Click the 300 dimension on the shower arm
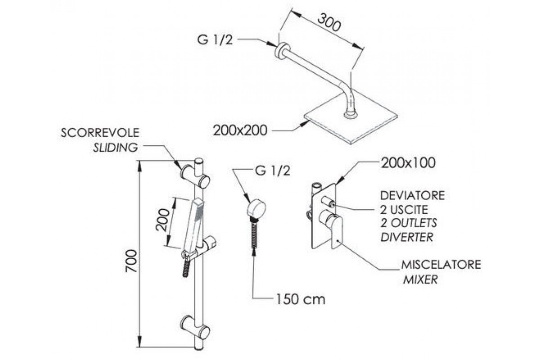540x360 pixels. pos(329,23)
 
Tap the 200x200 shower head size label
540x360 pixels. pos(240,130)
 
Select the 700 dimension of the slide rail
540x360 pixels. pos(131,261)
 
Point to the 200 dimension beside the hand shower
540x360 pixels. pos(162,220)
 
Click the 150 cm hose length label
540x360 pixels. pos(301,300)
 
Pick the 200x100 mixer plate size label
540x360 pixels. pos(408,163)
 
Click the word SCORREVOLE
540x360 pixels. pos(100,133)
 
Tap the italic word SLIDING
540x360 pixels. pos(116,147)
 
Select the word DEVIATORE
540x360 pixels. pos(413,195)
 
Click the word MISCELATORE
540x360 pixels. pos(441,265)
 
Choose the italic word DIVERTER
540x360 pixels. pos(407,237)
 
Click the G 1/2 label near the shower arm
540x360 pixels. pos(215,40)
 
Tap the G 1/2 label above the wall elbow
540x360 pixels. pos(273,171)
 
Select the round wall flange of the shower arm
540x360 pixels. pos(282,50)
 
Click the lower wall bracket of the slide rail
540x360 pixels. pos(195,327)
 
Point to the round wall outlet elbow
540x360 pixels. pos(256,208)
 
